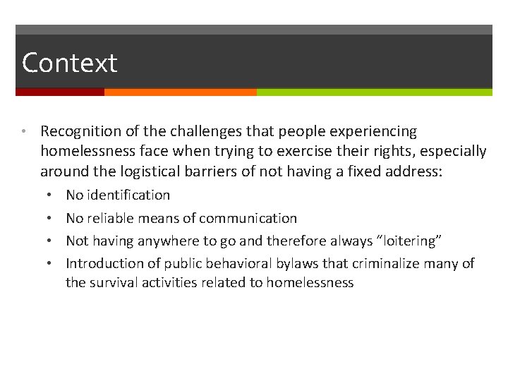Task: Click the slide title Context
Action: point(69,64)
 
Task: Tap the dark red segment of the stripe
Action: point(60,92)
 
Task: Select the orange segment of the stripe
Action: point(180,92)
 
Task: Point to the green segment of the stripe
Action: point(374,92)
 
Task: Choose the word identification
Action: point(129,195)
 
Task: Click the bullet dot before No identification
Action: point(46,195)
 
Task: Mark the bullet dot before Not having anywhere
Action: point(46,241)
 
